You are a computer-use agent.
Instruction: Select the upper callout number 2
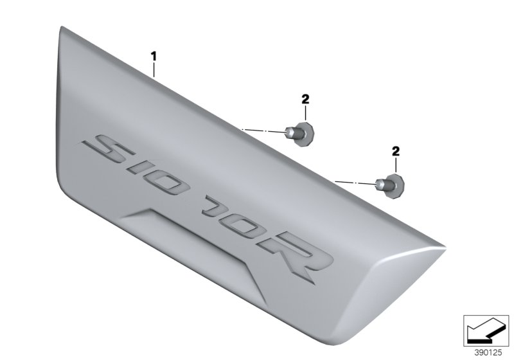(x=305, y=98)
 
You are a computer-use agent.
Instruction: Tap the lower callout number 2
(x=396, y=151)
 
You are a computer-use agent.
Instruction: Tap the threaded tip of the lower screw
(x=380, y=186)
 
